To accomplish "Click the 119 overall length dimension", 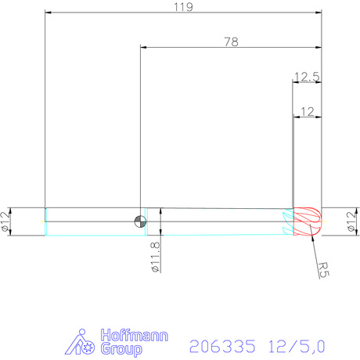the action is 183,7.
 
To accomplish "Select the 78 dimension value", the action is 231,42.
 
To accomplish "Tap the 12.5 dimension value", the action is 307,77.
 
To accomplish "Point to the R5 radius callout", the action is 324,270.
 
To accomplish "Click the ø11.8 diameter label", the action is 156,257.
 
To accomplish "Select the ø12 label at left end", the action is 5,221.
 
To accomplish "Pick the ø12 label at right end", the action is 351,221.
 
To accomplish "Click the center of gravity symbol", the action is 140,221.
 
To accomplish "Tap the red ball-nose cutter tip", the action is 308,221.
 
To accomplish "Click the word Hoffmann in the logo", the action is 135,335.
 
